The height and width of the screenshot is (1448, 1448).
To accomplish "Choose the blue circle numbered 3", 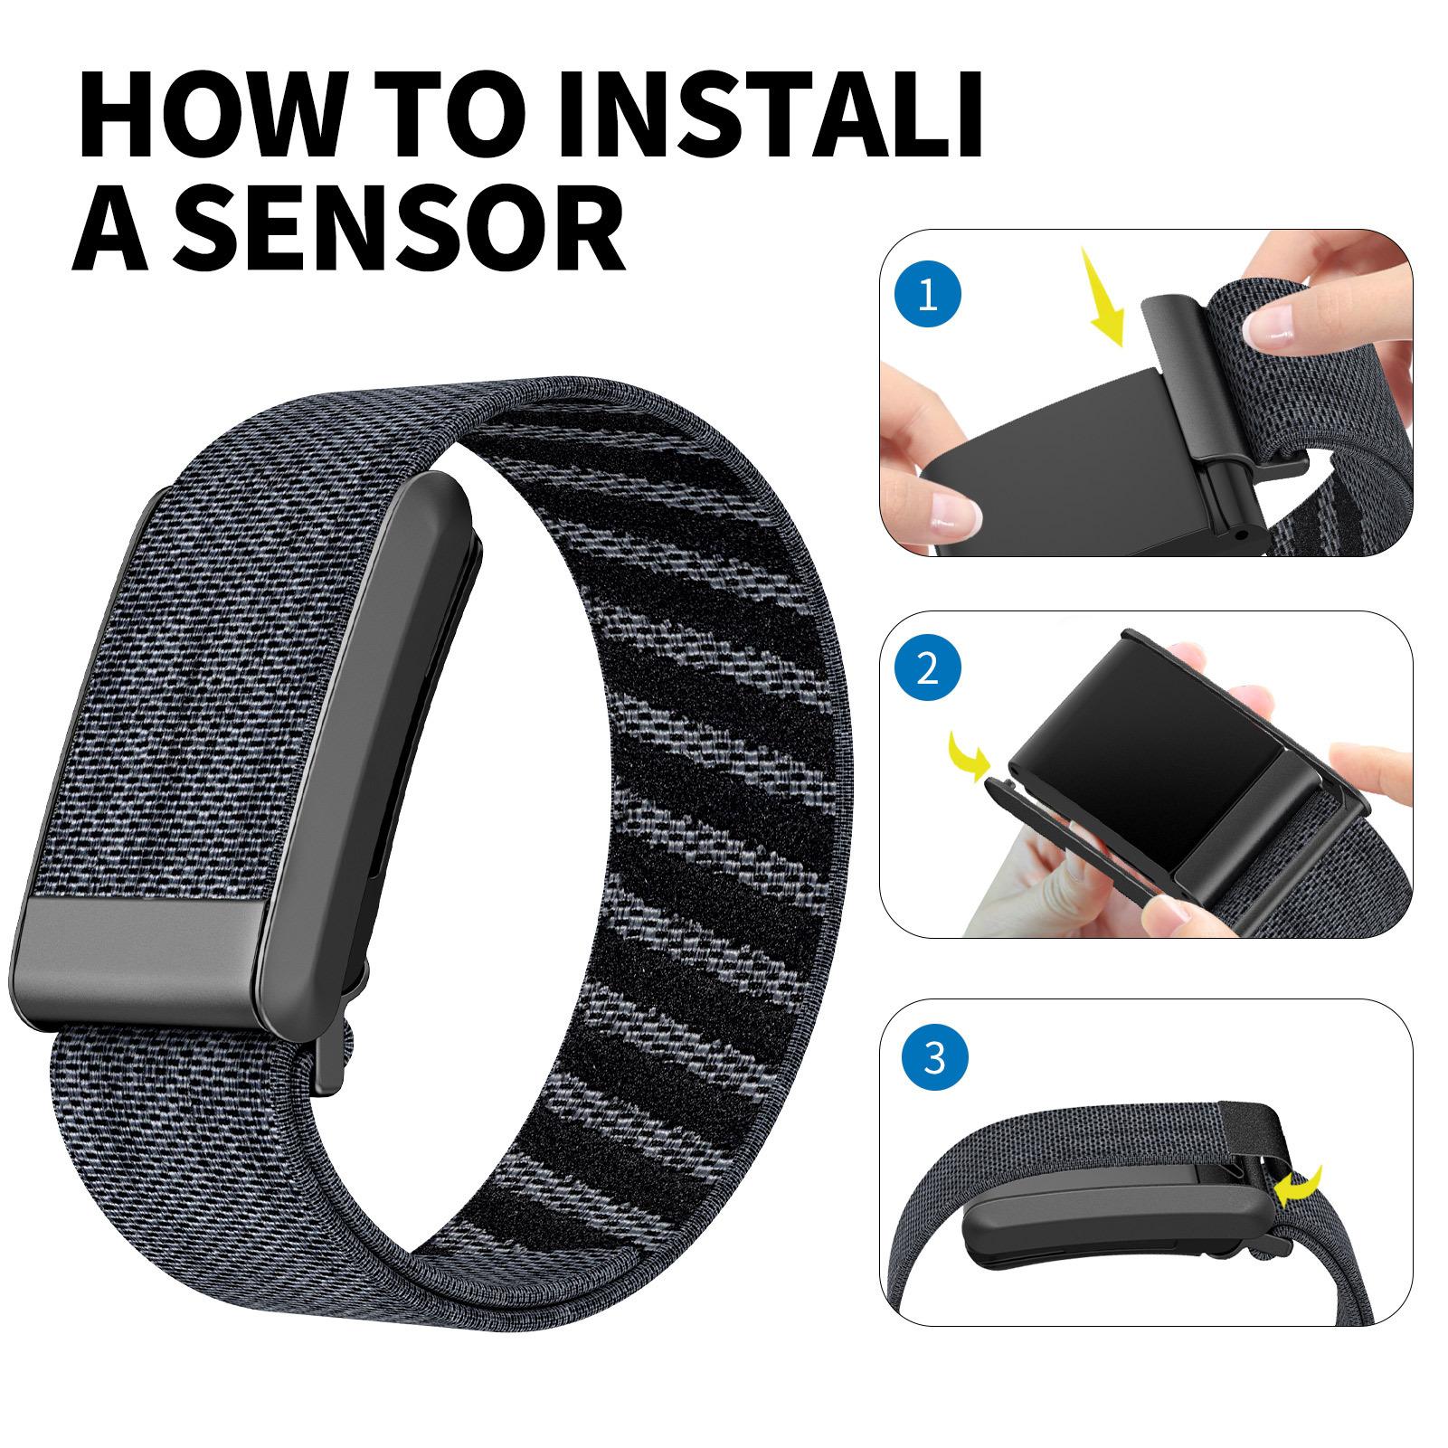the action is [x=932, y=1056].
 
